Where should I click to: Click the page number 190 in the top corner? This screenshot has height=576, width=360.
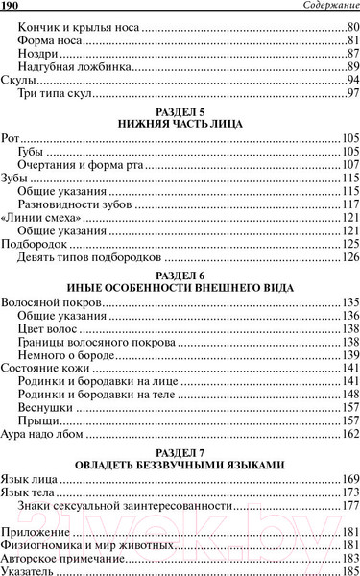tap(12, 8)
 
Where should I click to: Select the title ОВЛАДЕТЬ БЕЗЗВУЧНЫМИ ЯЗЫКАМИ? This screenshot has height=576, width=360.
tap(180, 465)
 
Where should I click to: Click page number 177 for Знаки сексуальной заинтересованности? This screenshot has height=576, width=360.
tap(348, 506)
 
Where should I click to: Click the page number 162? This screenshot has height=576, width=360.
tap(348, 435)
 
